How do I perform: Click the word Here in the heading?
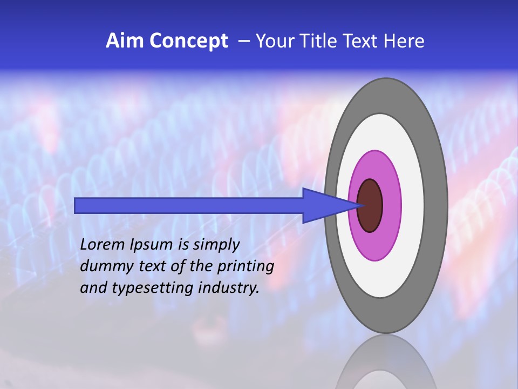(x=404, y=41)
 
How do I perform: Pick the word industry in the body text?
(x=229, y=288)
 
